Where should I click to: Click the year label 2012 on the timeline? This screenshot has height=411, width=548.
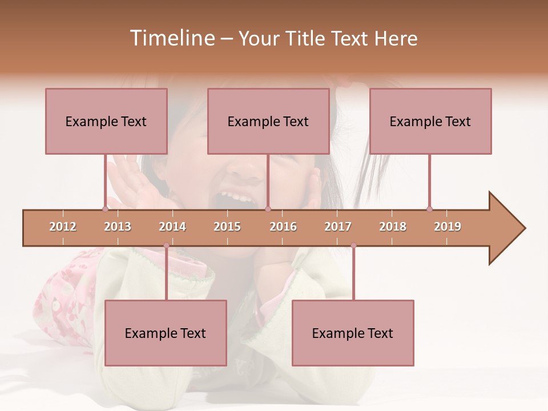[63, 227]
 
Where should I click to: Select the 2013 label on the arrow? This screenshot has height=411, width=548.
[118, 227]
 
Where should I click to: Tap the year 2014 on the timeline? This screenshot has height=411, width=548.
[172, 227]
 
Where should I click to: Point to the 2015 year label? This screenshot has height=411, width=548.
[227, 227]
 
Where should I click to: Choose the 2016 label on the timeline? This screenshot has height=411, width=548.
[283, 227]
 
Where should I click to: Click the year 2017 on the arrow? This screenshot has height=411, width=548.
[338, 227]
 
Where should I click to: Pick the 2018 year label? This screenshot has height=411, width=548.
[393, 227]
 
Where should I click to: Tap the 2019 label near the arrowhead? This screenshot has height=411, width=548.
[448, 227]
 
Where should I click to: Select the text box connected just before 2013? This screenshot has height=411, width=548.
[106, 121]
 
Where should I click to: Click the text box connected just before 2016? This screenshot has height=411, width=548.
[268, 121]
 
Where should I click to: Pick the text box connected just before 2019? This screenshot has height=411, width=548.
[430, 121]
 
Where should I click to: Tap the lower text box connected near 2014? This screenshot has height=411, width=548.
[166, 333]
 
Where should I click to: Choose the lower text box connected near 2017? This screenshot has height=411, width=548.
[353, 333]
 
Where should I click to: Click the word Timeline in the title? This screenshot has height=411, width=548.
[171, 38]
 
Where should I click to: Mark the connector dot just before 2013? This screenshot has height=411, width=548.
[105, 209]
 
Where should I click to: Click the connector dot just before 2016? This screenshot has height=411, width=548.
[268, 209]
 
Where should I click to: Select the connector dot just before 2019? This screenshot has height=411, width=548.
[429, 209]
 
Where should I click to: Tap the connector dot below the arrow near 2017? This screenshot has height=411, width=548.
[353, 245]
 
